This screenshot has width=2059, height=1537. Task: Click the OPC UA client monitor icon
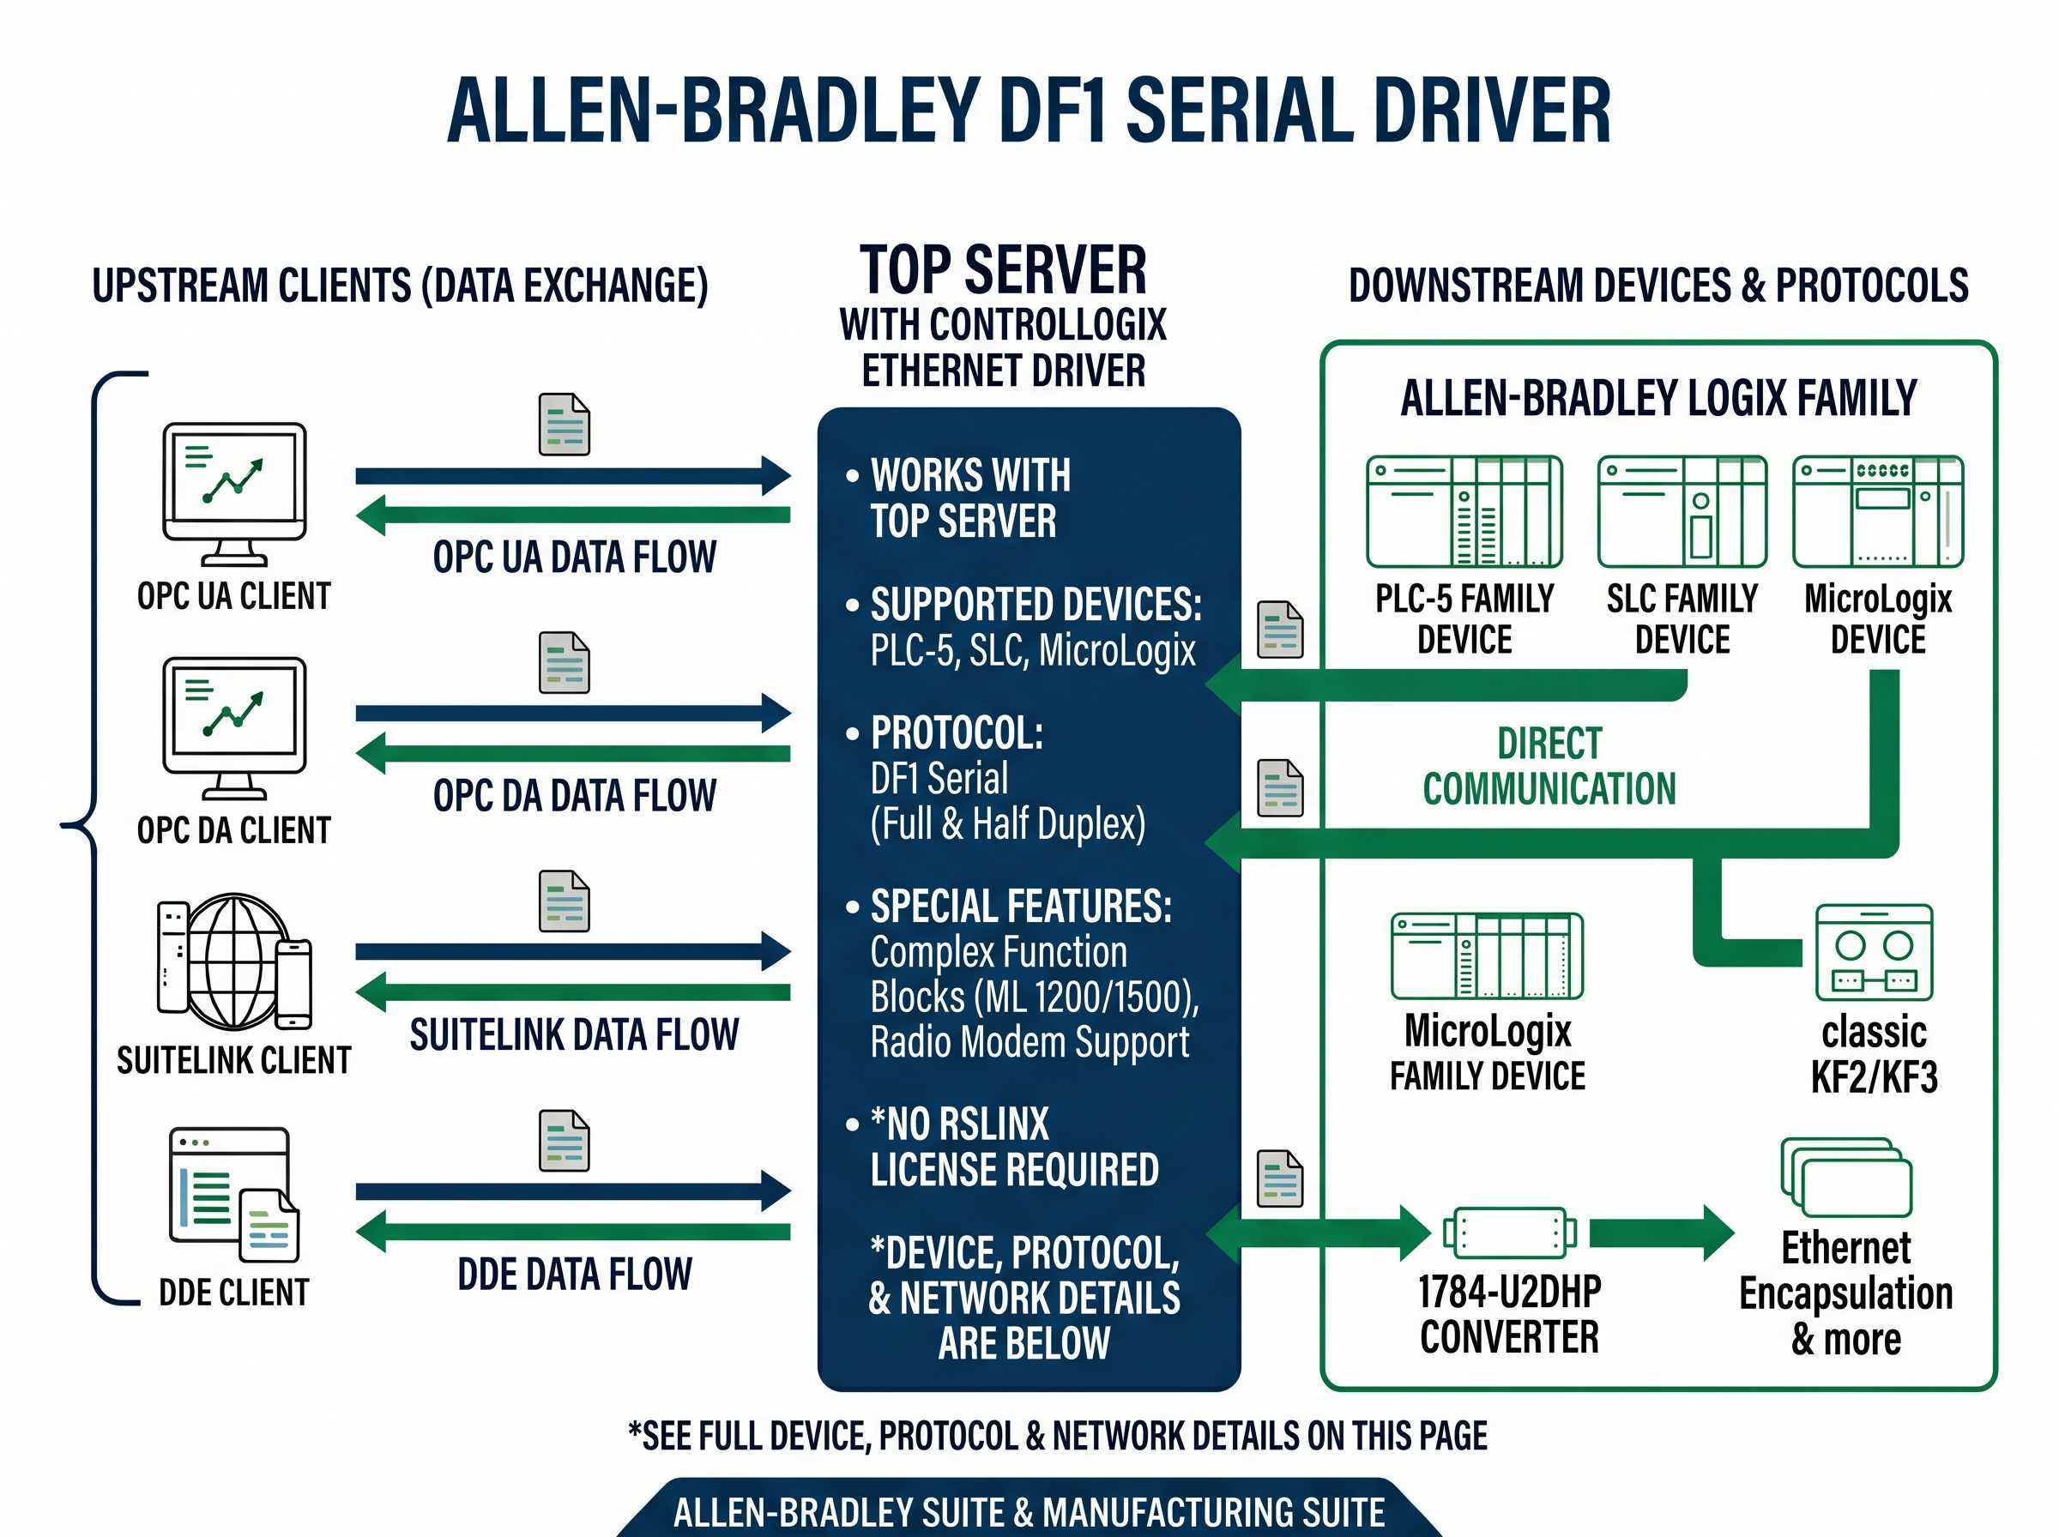coord(234,493)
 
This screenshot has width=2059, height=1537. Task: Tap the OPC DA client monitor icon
coord(234,727)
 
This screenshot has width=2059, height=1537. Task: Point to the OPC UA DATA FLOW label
coord(574,558)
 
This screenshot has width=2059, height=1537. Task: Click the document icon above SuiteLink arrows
coord(564,901)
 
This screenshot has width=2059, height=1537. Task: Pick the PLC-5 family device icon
coord(1464,512)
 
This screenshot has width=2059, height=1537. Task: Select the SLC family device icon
coord(1682,512)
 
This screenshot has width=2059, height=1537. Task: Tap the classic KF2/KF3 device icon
coord(1874,952)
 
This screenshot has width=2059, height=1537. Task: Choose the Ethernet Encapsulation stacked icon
coord(1846,1177)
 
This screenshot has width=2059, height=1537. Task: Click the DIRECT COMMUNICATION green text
coord(1549,766)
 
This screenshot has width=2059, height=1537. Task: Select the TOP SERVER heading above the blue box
coord(1003,270)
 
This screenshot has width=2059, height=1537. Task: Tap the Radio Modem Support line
coord(1029,1042)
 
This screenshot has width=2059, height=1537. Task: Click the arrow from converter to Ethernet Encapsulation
coord(1661,1233)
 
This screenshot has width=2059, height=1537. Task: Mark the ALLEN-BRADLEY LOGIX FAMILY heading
coord(1658,398)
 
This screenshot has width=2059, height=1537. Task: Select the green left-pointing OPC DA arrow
coord(572,754)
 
